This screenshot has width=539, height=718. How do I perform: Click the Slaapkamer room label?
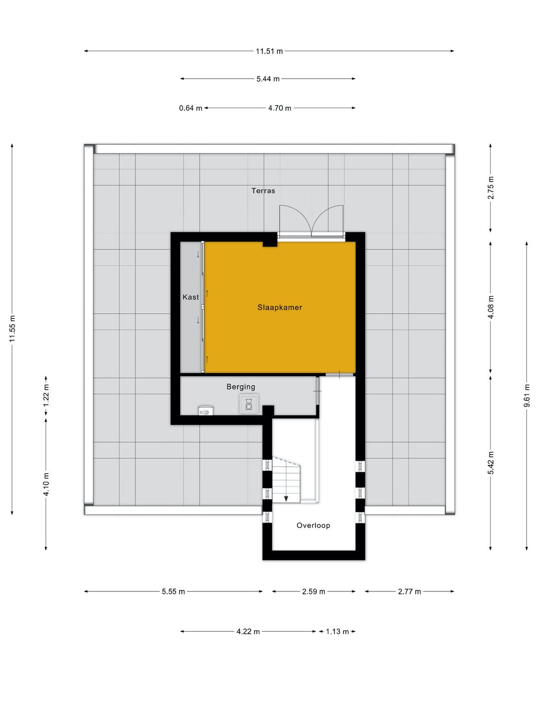pos(279,308)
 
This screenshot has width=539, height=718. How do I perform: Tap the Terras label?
pos(263,190)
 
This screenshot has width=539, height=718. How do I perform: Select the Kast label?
pos(191,297)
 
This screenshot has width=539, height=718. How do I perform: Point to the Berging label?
pos(241,387)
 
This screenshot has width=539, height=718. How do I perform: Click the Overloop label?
pos(313,526)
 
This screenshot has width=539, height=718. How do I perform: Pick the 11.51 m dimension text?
pos(269,51)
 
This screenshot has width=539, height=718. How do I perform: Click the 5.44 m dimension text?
pos(268,79)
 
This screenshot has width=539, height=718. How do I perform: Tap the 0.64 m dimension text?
pos(191,108)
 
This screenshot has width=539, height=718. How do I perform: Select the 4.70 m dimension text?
pos(279,108)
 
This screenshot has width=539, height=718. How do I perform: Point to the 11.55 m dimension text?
pos(12,329)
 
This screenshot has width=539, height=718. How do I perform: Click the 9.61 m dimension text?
pos(527,395)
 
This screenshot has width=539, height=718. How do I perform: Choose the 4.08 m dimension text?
pos(491,307)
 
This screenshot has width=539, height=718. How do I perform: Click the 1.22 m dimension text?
pos(46,395)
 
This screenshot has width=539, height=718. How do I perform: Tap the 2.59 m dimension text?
pos(313,592)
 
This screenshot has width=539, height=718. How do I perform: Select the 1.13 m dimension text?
pos(337,632)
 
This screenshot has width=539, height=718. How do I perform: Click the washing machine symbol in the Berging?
pos(249,404)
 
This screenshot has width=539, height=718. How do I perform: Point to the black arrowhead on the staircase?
pos(286,499)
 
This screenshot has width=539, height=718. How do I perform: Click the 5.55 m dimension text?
pos(173,592)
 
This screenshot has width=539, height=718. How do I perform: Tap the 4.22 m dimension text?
pos(248,632)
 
